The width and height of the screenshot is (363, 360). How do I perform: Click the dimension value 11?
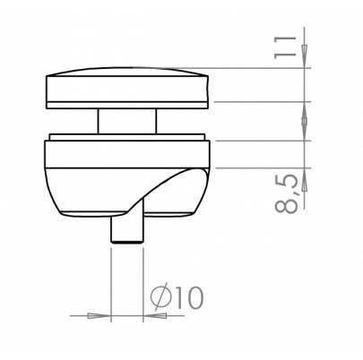pos(284,47)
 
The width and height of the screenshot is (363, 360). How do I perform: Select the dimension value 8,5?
pos(286,193)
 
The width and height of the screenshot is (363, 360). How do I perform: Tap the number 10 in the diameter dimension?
pos(189,297)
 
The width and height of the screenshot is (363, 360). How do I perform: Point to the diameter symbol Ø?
pos(161,297)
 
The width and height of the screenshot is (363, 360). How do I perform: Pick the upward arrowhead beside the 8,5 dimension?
pos(304,179)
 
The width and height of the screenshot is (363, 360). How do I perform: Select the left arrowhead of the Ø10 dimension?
pos(99,315)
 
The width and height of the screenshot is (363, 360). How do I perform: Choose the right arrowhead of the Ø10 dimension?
pos(155,315)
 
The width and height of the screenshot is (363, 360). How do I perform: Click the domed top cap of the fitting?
pos(127,84)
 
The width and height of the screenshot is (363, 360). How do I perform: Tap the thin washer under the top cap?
pos(127,106)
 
